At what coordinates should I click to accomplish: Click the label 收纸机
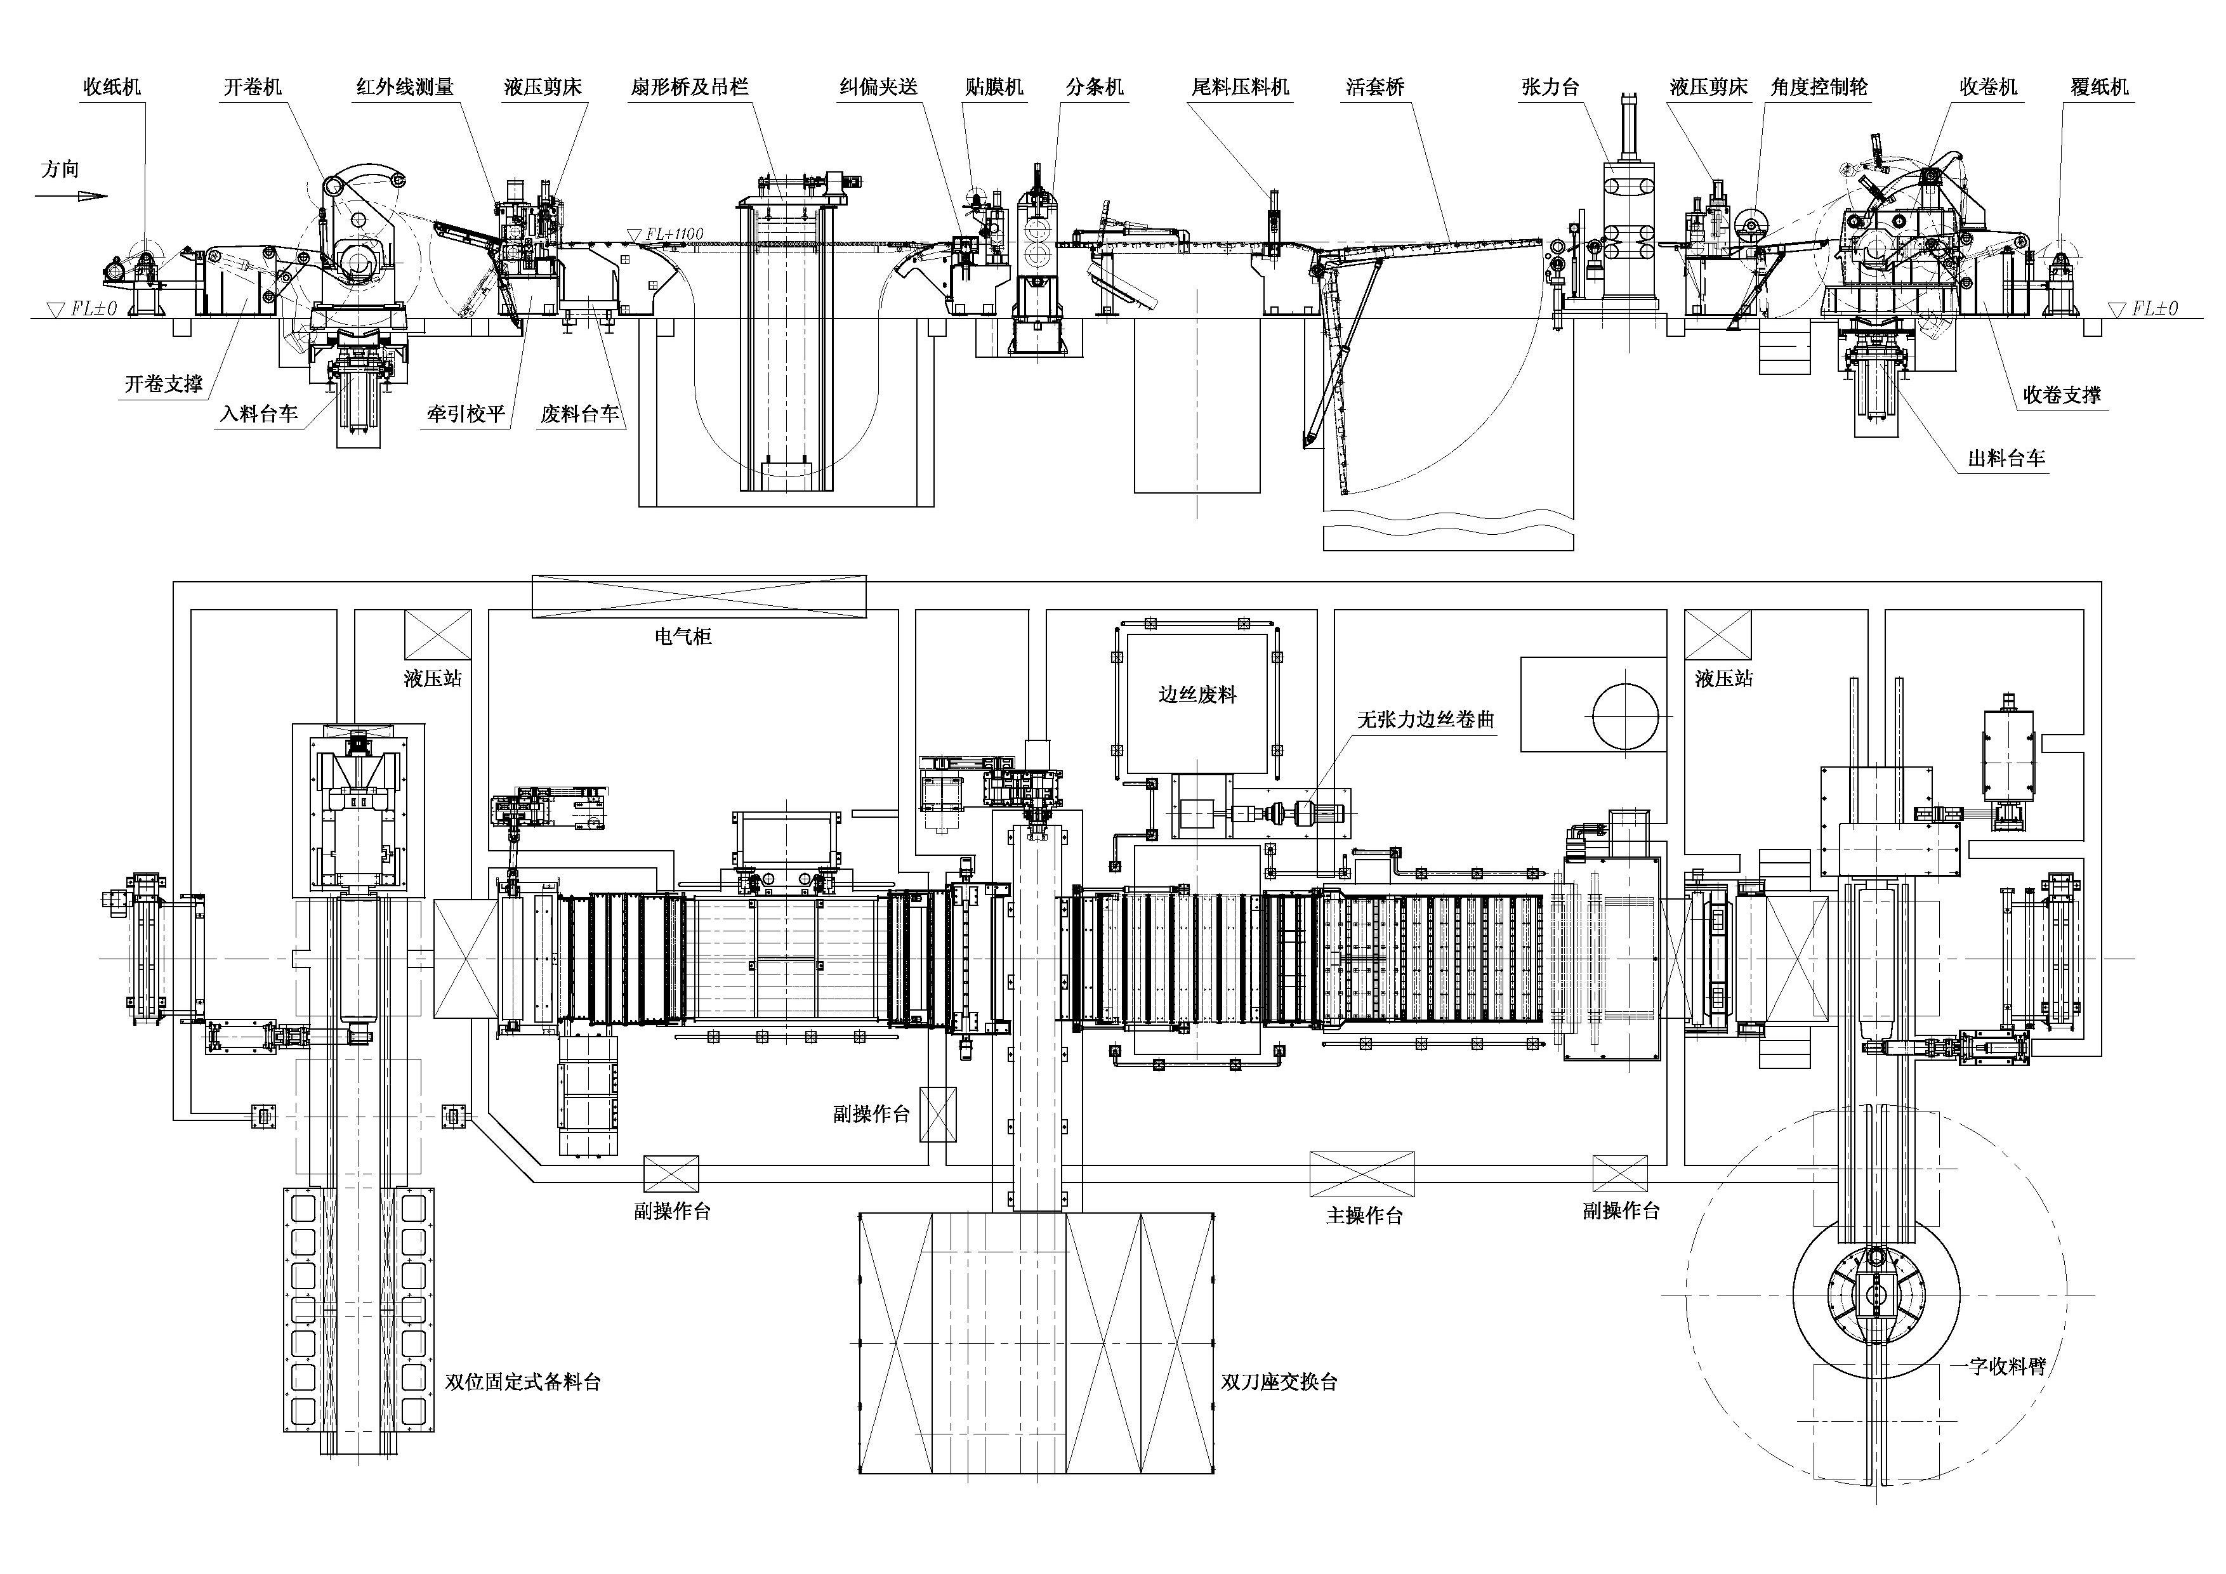pos(112,87)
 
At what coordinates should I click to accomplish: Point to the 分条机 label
pos(1095,87)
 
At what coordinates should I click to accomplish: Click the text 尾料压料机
pos(1241,87)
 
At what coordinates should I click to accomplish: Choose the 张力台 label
pos(1550,87)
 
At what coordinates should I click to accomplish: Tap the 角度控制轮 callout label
pos(1819,87)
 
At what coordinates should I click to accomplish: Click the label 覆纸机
pos(2100,87)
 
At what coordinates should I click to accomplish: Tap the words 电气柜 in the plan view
pos(683,637)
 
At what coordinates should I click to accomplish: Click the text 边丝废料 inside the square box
pos(1197,694)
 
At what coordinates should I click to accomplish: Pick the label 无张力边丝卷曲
pos(1425,719)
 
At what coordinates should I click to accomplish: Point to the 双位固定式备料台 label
pos(523,1382)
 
